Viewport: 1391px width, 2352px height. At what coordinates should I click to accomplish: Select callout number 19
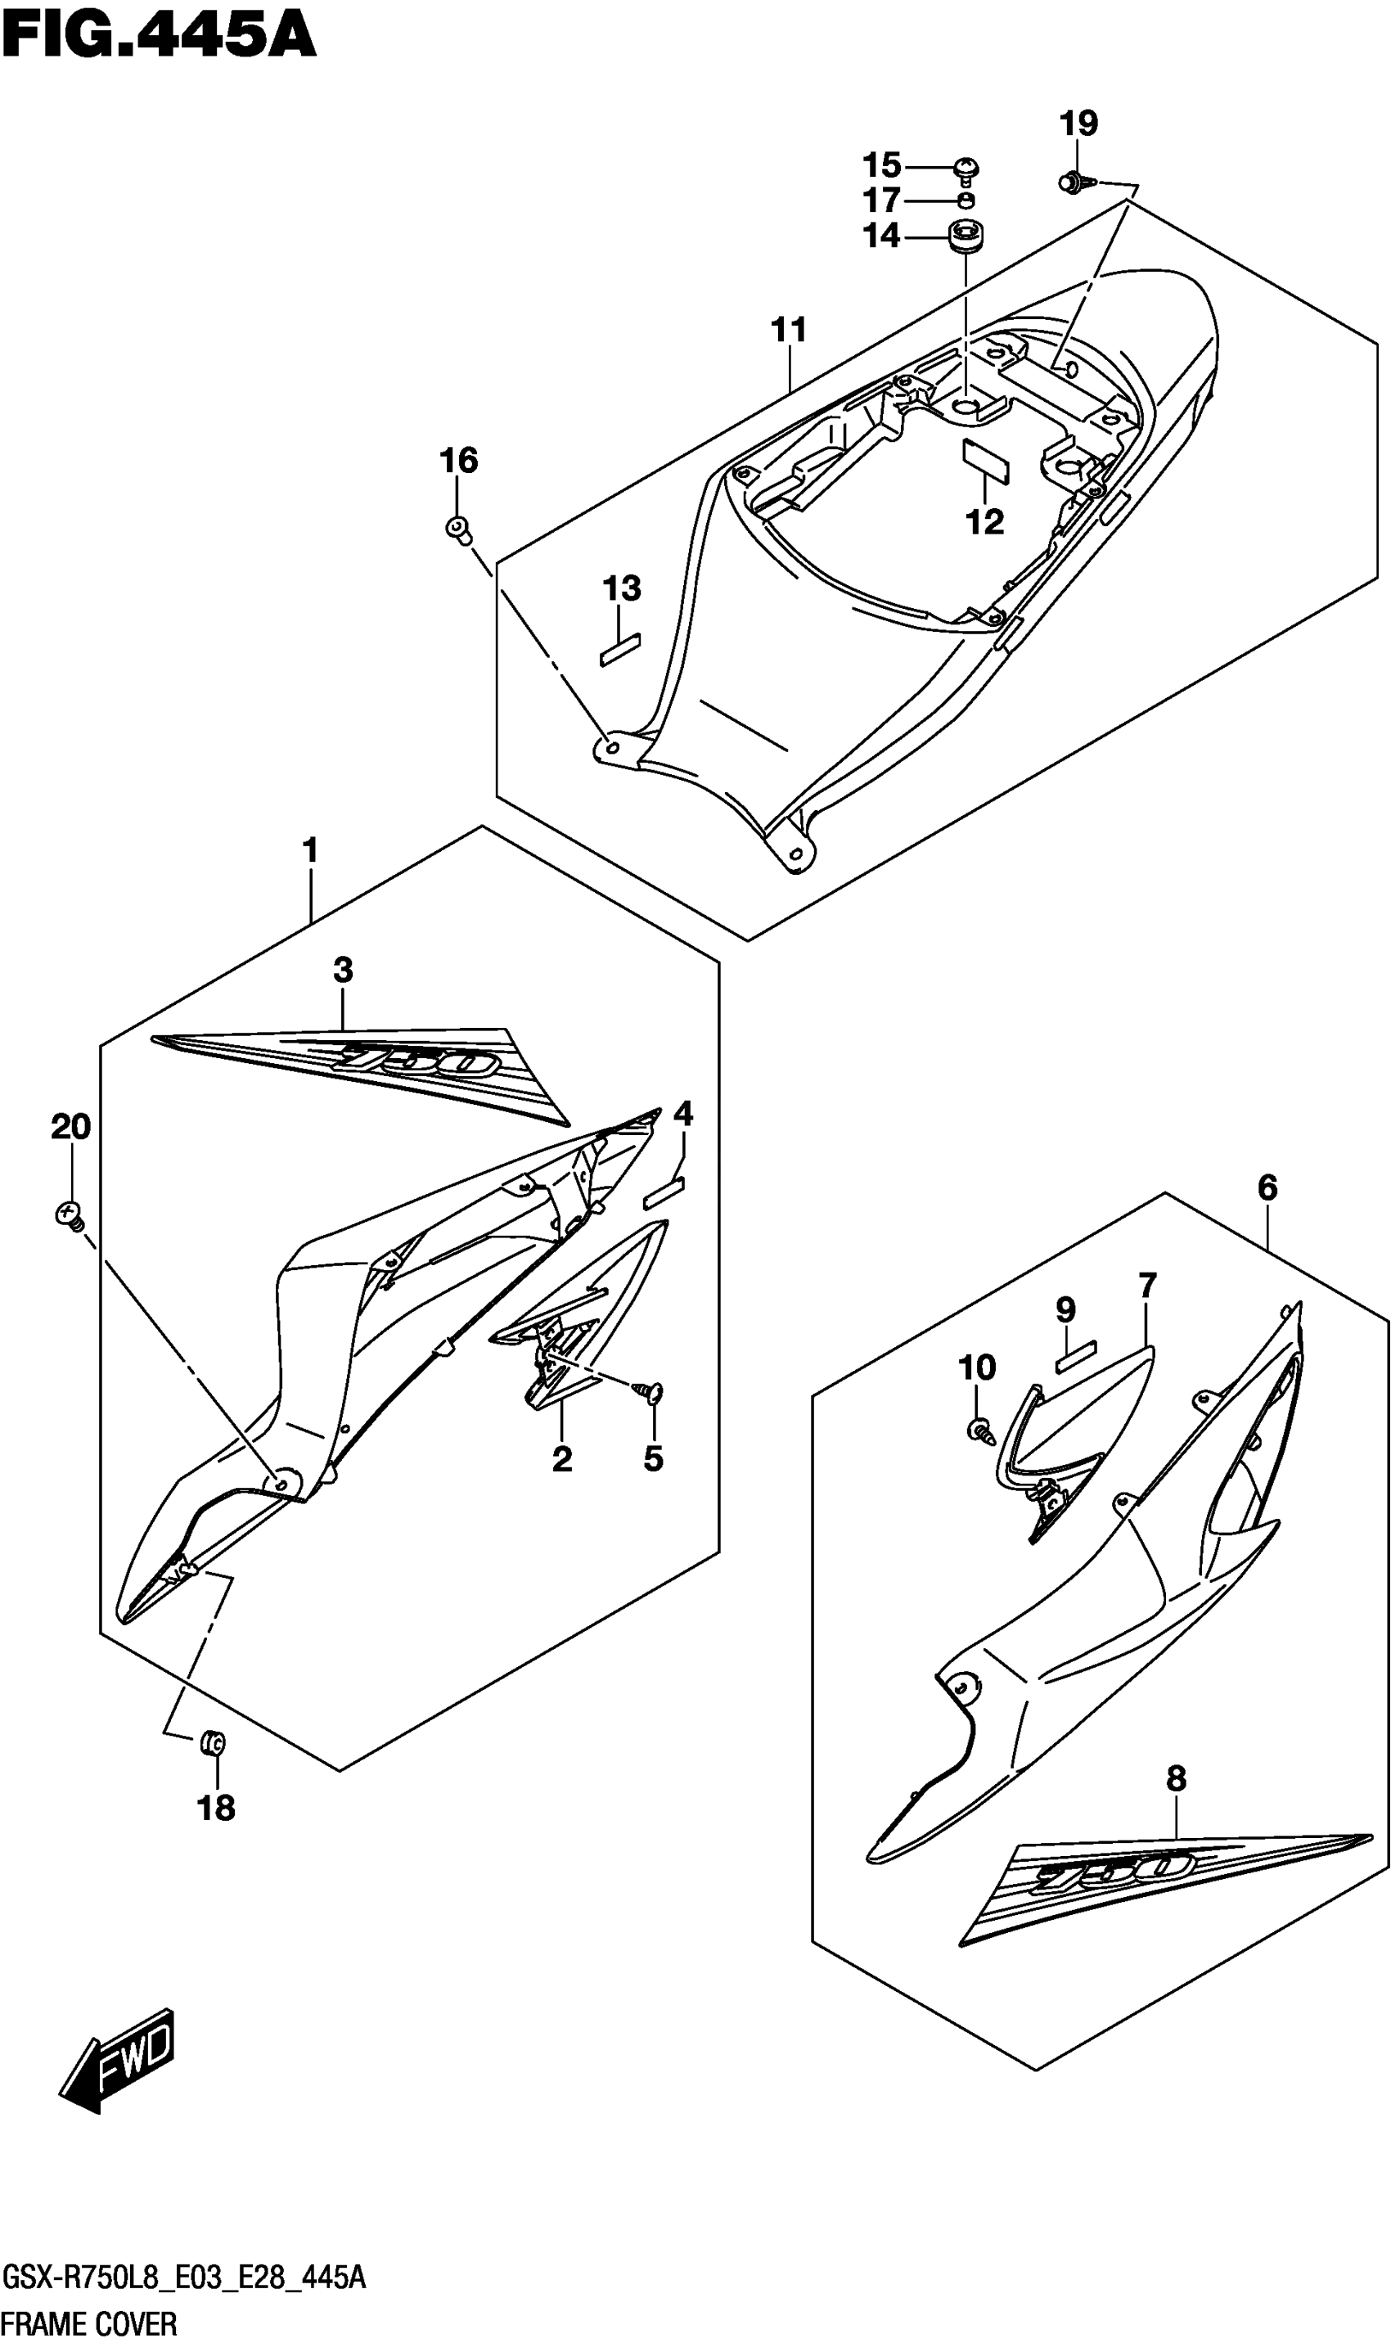tap(1078, 123)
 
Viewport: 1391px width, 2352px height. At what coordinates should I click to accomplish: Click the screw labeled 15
tap(966, 169)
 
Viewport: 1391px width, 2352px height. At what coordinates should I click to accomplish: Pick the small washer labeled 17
tap(966, 200)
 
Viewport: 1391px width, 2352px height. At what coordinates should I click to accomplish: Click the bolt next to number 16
tap(458, 529)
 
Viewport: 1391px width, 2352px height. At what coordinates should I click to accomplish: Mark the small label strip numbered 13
tap(619, 649)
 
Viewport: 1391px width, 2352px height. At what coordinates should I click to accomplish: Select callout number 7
tap(1147, 1285)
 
